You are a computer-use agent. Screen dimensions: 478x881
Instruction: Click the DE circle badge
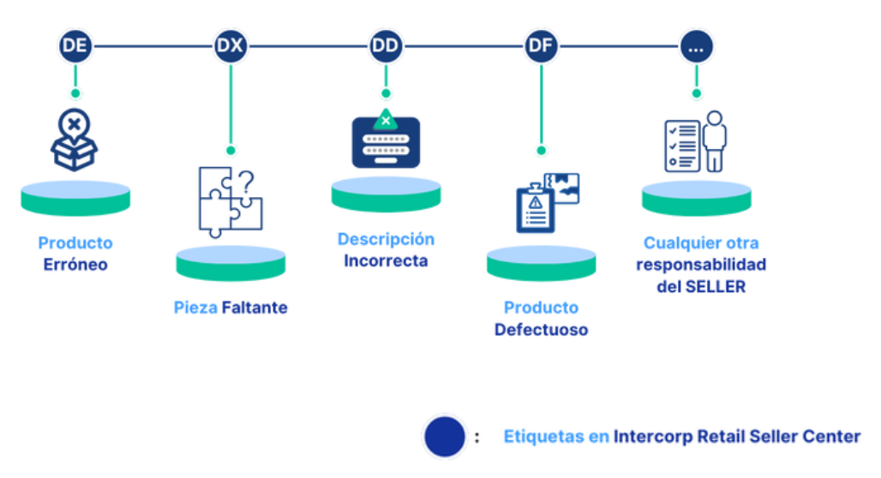point(75,46)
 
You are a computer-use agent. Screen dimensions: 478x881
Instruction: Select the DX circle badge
point(230,46)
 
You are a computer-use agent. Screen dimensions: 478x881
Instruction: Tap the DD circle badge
point(386,46)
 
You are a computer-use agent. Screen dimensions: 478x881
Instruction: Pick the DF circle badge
point(541,46)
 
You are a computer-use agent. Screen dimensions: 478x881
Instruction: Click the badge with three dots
point(696,46)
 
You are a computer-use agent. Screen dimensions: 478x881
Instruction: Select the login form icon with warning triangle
point(386,140)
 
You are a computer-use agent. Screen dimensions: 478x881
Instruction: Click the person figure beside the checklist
point(713,140)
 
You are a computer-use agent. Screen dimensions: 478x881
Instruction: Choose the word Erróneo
point(75,265)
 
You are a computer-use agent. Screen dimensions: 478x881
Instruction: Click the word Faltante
point(255,308)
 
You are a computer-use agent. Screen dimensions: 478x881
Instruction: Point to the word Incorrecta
point(386,260)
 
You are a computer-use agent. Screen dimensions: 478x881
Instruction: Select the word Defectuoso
point(541,329)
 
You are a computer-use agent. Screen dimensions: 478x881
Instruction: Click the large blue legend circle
point(445,437)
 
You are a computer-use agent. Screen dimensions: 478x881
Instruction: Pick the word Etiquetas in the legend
point(543,437)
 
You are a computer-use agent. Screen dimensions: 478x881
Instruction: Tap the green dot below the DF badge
point(541,151)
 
